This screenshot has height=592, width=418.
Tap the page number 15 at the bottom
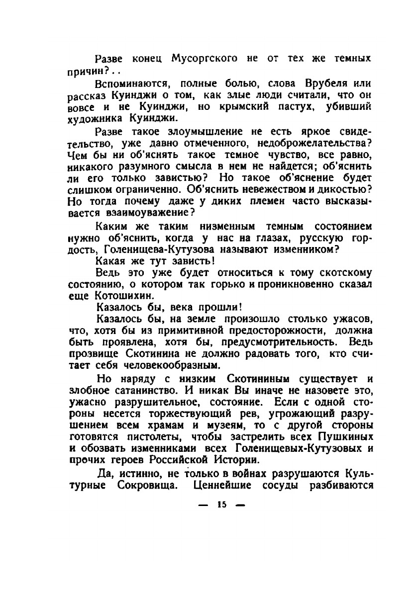pyautogui.click(x=221, y=505)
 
